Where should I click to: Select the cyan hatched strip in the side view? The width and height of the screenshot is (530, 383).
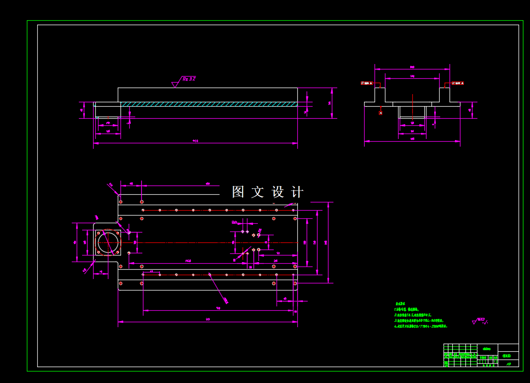pyautogui.click(x=209, y=104)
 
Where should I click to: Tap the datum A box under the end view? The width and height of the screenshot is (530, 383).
pyautogui.click(x=381, y=113)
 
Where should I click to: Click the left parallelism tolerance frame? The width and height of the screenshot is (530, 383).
pyautogui.click(x=366, y=83)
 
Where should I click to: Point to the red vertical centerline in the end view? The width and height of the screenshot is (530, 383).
pyautogui.click(x=412, y=104)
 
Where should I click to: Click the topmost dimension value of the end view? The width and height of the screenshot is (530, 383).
pyautogui.click(x=412, y=67)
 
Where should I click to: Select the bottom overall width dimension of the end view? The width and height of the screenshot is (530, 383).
pyautogui.click(x=412, y=140)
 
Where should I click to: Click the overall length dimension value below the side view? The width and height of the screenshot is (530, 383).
pyautogui.click(x=195, y=141)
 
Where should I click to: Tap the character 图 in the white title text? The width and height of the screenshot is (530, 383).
pyautogui.click(x=238, y=192)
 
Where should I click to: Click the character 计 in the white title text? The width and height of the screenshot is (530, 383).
pyautogui.click(x=297, y=192)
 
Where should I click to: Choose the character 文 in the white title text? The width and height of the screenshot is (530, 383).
pyautogui.click(x=258, y=192)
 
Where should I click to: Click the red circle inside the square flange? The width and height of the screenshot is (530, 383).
pyautogui.click(x=108, y=242)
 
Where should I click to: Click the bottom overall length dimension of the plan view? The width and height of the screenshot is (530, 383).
pyautogui.click(x=208, y=319)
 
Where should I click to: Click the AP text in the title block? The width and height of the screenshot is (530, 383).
pyautogui.click(x=509, y=363)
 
